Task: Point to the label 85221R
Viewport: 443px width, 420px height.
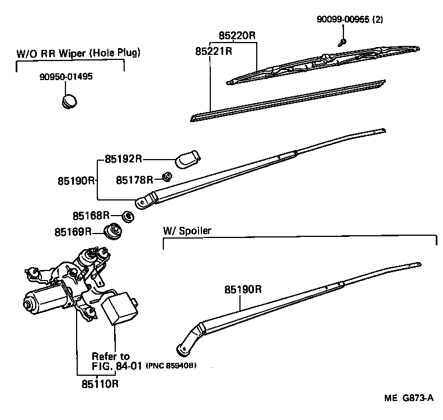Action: [214, 51]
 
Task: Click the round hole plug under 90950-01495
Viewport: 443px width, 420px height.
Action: [69, 101]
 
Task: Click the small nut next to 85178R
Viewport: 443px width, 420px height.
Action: [166, 178]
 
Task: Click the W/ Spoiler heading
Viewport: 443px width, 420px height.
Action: [187, 231]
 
